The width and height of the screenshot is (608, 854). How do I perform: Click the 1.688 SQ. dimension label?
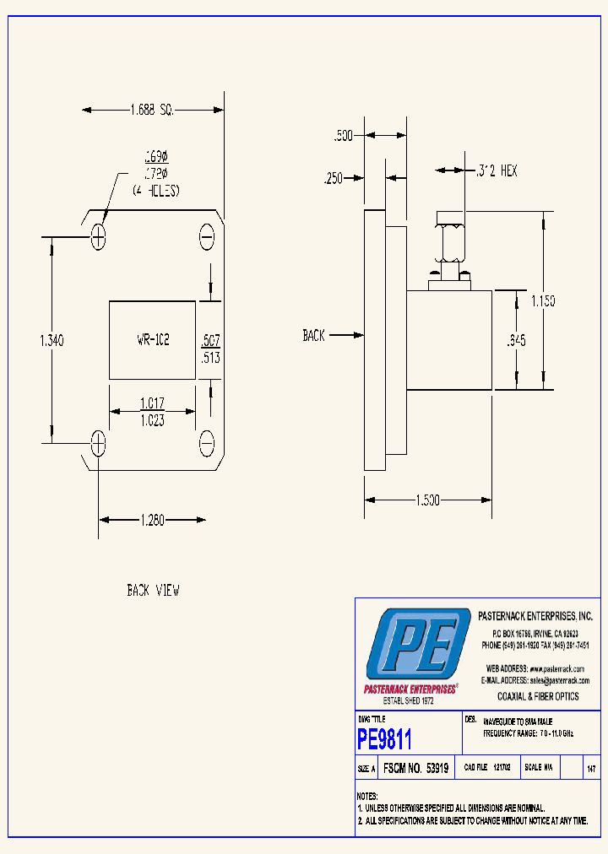152,109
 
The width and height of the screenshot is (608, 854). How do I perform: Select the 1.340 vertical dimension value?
52,340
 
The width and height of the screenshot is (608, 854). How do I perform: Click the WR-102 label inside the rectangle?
153,340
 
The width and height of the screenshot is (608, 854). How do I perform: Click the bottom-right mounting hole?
207,441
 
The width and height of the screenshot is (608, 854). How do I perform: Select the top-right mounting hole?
207,237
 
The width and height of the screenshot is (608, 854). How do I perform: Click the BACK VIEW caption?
153,591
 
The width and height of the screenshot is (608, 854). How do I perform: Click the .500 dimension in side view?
343,135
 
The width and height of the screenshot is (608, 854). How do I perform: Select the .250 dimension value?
334,178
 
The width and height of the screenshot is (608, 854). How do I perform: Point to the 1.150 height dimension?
543,301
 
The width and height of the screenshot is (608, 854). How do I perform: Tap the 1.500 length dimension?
428,500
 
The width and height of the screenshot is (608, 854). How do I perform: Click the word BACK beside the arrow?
313,335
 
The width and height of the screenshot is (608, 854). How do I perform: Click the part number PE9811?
385,740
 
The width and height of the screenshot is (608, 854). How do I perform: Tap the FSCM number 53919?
437,769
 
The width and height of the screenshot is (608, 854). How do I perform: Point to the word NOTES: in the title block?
366,796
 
